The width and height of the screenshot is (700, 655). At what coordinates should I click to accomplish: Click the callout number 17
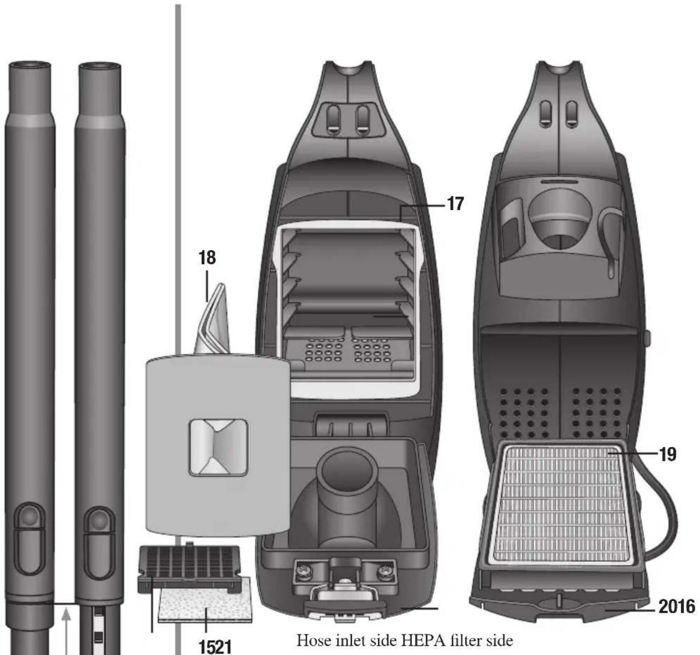click(456, 204)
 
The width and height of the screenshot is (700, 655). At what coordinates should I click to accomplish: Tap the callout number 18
click(207, 258)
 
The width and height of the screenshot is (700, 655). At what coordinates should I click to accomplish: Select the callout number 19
click(667, 455)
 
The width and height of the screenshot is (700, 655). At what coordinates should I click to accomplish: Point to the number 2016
click(677, 607)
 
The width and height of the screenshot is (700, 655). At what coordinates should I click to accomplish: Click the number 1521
click(215, 647)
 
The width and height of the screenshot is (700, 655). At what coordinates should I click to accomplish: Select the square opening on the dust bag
click(218, 448)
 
